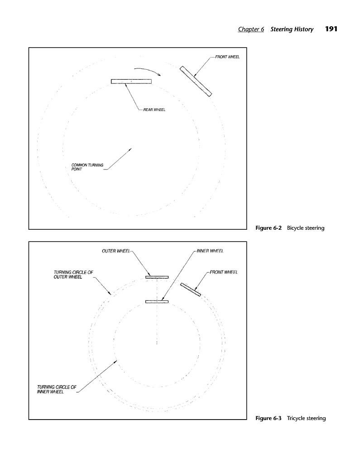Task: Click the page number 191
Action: [331, 29]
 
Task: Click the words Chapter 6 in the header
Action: [251, 29]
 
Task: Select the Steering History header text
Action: [292, 29]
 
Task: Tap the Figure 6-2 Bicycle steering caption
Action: [290, 227]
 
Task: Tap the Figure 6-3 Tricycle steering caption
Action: [290, 418]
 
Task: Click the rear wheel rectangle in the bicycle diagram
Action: [131, 81]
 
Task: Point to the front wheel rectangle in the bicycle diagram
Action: [196, 81]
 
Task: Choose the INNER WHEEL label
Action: [210, 251]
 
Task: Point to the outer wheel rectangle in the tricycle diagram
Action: [157, 276]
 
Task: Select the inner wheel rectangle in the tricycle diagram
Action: [157, 301]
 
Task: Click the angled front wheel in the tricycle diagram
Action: [190, 289]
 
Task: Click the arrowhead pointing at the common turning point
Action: [130, 149]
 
